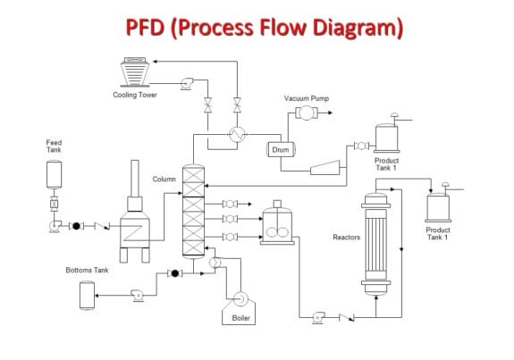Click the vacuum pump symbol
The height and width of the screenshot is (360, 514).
pos(305,113)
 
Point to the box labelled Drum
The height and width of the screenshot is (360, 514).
pos(280,149)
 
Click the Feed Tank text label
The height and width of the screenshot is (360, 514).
pos(54,146)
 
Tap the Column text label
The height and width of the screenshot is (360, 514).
pos(164,179)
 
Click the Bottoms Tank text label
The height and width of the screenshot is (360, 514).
pos(87,270)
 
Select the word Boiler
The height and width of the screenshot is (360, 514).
pos(241,317)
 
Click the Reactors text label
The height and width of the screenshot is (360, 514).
pos(346,238)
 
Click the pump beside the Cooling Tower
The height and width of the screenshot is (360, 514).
pos(188,83)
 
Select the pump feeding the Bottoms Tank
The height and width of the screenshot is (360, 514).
pos(137,294)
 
